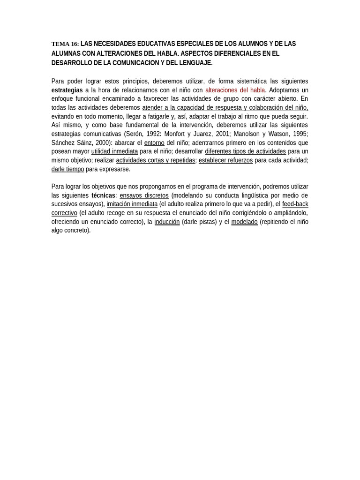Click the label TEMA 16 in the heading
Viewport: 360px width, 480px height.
(x=65, y=44)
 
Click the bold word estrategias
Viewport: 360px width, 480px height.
(x=67, y=90)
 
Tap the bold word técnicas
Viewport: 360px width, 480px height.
(x=103, y=195)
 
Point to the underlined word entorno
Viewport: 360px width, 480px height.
(x=154, y=142)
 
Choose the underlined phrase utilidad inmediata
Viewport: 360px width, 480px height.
(x=114, y=151)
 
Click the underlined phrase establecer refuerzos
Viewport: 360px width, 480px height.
(x=225, y=160)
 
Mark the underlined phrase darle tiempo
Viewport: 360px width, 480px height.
(x=67, y=169)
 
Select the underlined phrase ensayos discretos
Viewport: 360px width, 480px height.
(x=144, y=195)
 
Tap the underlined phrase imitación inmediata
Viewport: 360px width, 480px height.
(x=132, y=204)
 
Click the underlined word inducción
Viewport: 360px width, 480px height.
(x=167, y=222)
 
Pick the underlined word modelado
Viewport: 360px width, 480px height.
(x=244, y=222)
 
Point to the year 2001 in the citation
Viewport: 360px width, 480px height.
(x=223, y=134)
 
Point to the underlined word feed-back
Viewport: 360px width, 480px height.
(x=295, y=204)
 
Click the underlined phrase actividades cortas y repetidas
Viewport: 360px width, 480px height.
(x=155, y=160)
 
